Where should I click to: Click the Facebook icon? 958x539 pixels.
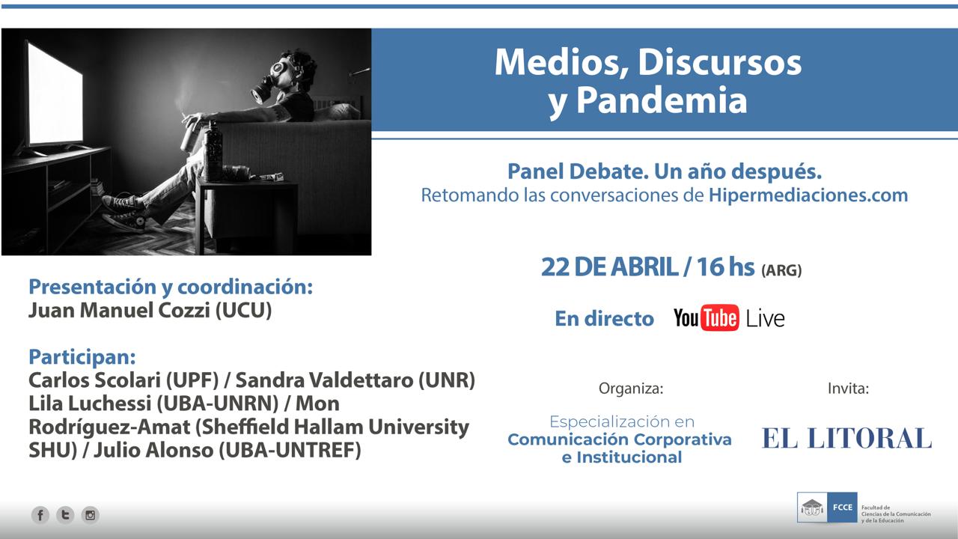click(40, 514)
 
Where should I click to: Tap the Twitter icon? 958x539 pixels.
click(65, 514)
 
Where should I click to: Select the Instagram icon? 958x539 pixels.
click(91, 514)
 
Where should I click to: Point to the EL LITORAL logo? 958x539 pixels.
click(846, 439)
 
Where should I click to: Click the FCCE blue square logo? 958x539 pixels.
click(842, 508)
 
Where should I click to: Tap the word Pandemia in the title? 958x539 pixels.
click(662, 100)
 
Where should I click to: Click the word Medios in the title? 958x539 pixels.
click(561, 63)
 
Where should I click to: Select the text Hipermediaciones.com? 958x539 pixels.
click(808, 195)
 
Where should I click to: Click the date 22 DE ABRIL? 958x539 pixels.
click(610, 267)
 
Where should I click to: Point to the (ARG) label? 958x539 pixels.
click(781, 270)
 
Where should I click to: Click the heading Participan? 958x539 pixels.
click(82, 357)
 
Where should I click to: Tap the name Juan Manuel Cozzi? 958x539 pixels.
click(119, 310)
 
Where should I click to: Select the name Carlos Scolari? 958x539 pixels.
click(95, 380)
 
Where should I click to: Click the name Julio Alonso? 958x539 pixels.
click(153, 450)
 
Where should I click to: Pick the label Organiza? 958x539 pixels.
click(631, 389)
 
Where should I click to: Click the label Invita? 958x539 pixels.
click(848, 389)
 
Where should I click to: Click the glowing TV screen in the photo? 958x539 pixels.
click(55, 94)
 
